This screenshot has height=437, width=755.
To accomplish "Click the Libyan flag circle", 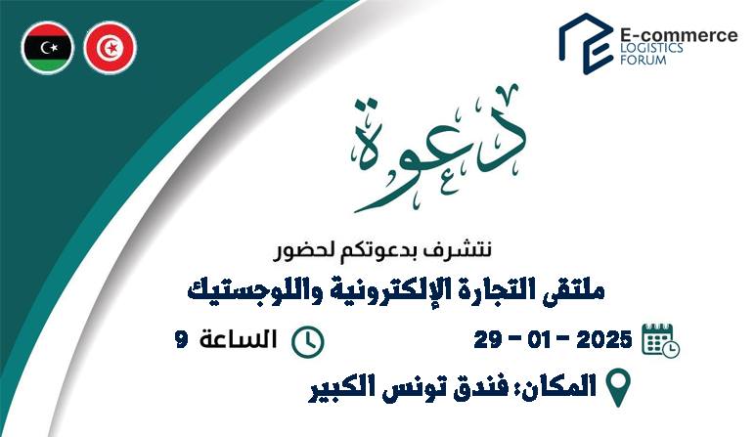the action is tap(48, 48).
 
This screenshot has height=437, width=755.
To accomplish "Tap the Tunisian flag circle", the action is tap(111, 48).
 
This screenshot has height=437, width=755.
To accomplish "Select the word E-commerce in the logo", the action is tap(678, 35).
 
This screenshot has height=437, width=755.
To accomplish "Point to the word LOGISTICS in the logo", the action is tap(651, 48).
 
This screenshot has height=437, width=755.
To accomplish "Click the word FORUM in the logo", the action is tap(643, 61).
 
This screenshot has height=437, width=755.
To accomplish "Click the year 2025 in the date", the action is tap(603, 340).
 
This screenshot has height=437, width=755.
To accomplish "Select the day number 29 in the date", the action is tap(487, 340).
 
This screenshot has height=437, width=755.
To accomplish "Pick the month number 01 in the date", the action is tap(542, 340).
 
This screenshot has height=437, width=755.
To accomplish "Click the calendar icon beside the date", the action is tap(661, 341).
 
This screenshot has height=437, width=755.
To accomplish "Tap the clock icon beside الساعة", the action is tap(308, 342).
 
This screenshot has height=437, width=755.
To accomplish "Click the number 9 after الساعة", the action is tap(181, 340).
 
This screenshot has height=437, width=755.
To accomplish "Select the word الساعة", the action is tap(239, 339).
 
